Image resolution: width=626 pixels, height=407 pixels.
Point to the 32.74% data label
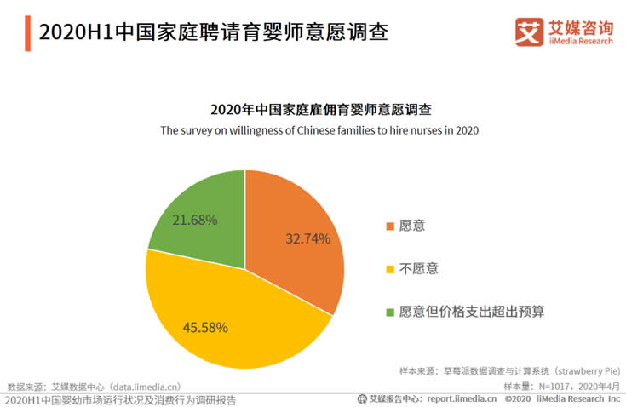pos(307,239)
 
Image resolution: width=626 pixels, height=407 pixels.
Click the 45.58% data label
pos(205,326)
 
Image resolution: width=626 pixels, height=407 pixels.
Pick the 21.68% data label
pos(194,220)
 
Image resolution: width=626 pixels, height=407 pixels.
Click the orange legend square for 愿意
pos(390,226)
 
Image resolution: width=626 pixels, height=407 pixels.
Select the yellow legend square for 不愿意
pos(390,269)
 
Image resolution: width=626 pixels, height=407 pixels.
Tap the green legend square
pos(390,312)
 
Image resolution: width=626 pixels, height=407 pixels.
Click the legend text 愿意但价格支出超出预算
pos(471,312)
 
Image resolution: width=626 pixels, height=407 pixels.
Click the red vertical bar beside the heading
pos(28,32)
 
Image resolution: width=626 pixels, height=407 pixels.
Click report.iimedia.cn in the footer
pos(462,398)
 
